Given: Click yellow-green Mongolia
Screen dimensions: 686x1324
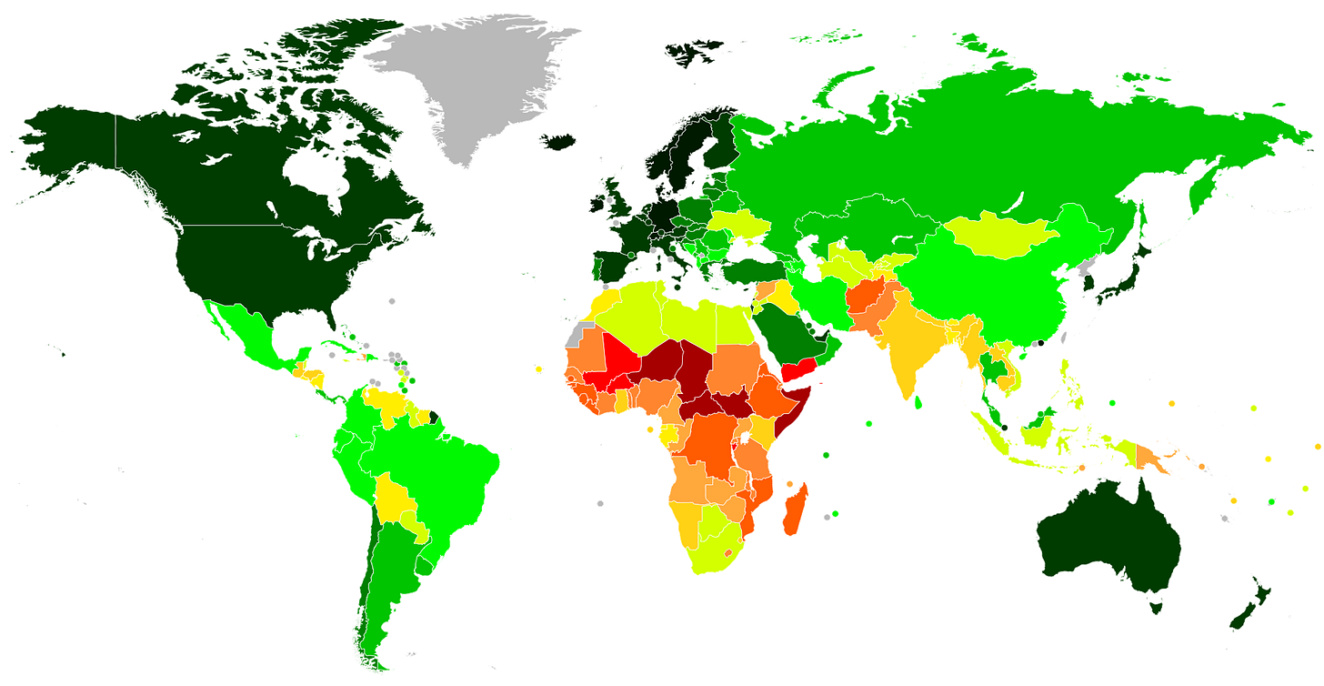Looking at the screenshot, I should [1000, 237].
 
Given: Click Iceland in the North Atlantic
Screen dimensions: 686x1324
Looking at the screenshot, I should [557, 140].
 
